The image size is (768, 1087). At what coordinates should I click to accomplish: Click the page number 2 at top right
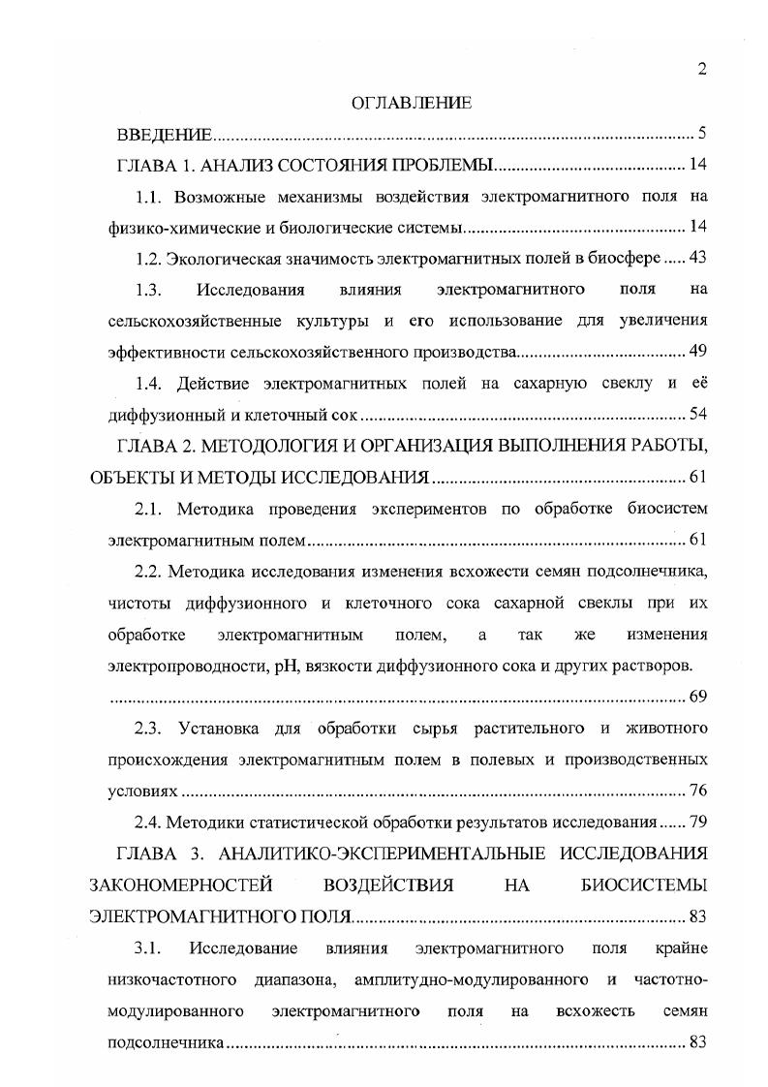702,69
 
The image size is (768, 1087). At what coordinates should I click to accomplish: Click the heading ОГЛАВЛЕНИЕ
411,102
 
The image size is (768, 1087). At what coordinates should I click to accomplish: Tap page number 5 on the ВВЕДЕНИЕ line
702,134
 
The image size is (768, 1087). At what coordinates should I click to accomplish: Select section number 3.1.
151,947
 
